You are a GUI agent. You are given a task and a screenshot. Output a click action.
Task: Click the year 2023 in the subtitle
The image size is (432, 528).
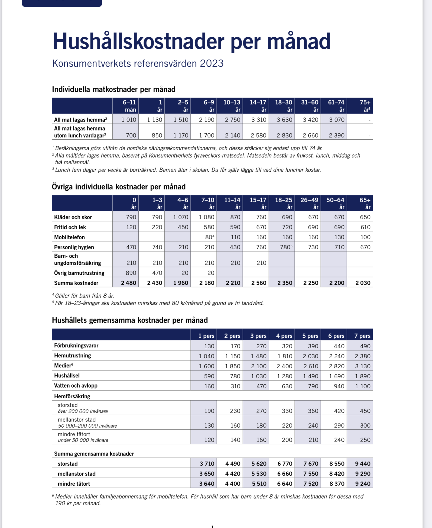pos(212,63)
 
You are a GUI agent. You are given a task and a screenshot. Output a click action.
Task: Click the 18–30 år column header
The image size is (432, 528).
pos(284,106)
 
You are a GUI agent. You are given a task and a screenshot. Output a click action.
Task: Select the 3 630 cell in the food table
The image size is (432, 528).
pos(284,120)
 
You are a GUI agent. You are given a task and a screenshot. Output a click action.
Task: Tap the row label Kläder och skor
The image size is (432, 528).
pos(73,217)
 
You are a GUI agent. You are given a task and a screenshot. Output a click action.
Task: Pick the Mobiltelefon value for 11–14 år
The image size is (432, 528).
pos(235,237)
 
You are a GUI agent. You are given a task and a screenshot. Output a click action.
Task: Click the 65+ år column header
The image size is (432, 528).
pos(365,203)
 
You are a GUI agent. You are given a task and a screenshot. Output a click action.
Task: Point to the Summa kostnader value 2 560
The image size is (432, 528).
pos(259,283)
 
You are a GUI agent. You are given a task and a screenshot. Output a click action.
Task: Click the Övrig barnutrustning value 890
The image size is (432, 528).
pos(131,273)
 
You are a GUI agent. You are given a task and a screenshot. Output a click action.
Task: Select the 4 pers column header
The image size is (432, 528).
pos(284,336)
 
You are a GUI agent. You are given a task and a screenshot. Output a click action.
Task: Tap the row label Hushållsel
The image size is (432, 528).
pos(67,376)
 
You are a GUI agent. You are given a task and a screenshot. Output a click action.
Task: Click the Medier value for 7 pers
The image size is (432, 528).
pos(362,366)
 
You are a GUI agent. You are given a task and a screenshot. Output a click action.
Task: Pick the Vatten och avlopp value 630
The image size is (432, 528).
pos(287,386)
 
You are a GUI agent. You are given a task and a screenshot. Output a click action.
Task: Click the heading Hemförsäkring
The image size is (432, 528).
pos(72,396)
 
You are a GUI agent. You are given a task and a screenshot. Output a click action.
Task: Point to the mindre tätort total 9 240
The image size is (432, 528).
pos(362,484)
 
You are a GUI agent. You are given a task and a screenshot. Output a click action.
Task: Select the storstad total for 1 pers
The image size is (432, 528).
pos(207,464)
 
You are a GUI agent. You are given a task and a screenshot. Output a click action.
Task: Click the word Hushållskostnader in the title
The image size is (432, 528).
pos(138,41)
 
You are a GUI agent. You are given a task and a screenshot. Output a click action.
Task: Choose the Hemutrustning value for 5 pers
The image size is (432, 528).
pos(310,356)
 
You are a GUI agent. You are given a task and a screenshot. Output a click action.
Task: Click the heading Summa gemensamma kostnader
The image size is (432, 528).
pos(94,454)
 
